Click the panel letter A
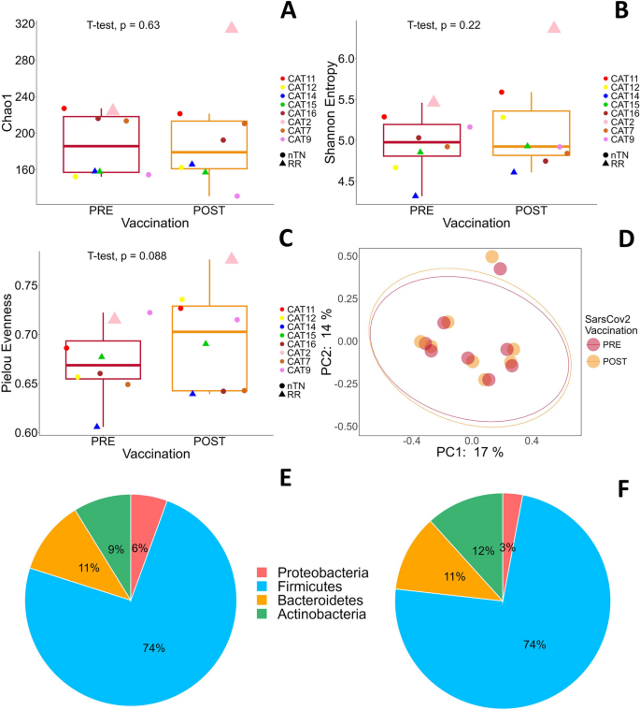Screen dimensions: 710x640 click(290, 12)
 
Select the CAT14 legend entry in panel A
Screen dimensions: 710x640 click(302, 95)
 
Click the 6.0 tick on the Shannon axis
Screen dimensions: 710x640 click(347, 59)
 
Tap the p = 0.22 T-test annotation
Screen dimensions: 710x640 click(444, 25)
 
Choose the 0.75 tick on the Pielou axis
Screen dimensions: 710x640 click(22, 285)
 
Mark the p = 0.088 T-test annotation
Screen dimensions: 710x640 click(127, 254)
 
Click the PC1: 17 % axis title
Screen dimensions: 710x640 click(472, 452)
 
